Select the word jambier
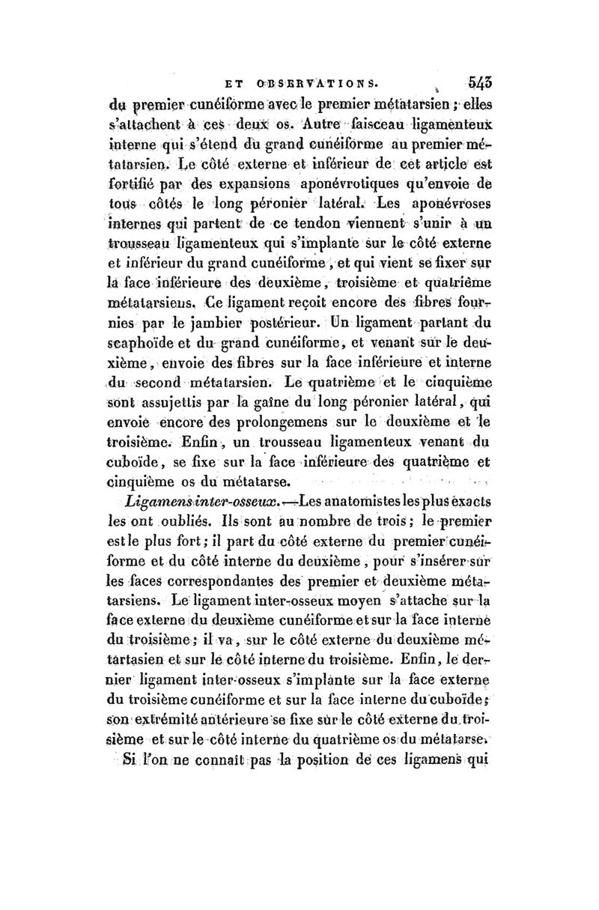[x=213, y=326]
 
